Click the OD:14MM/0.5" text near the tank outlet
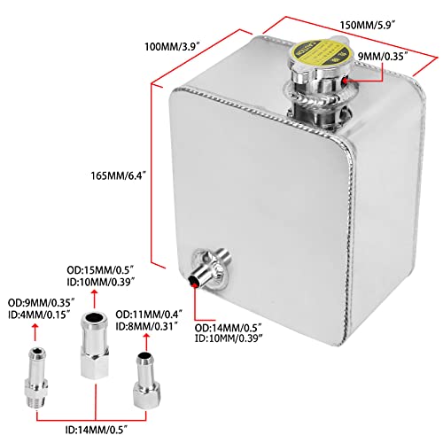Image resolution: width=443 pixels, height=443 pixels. [x=239, y=327]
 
